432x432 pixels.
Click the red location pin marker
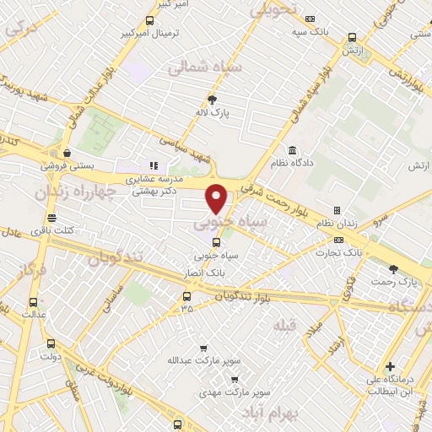[x=217, y=197]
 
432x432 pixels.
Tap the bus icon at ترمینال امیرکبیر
[x=149, y=21]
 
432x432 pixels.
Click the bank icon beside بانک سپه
[x=310, y=19]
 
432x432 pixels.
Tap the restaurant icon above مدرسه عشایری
[x=153, y=166]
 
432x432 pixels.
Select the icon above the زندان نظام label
[x=337, y=210]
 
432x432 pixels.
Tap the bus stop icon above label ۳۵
[x=186, y=296]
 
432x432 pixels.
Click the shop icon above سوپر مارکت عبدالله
[x=203, y=348]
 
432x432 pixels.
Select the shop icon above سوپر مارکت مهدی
[x=235, y=380]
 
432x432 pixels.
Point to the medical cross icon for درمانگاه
[x=389, y=366]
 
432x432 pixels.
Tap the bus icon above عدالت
[x=33, y=302]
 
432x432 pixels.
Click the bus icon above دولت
[x=51, y=343]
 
